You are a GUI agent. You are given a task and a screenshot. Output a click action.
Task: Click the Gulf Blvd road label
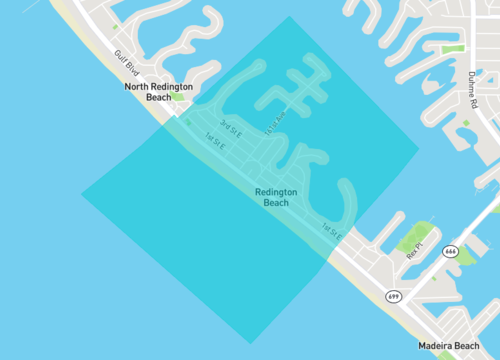[x=126, y=64]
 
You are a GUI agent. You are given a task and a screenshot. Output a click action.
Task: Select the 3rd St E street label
[x=232, y=129]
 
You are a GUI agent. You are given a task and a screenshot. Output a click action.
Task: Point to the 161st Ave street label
[x=277, y=121]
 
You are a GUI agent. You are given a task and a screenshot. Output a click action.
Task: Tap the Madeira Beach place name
[x=449, y=346]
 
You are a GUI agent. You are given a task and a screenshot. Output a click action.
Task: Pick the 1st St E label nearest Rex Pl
[x=333, y=232]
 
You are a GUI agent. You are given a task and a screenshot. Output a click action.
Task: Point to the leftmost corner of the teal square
[x=82, y=193]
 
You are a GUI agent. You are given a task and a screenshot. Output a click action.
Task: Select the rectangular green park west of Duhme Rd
[x=452, y=47]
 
